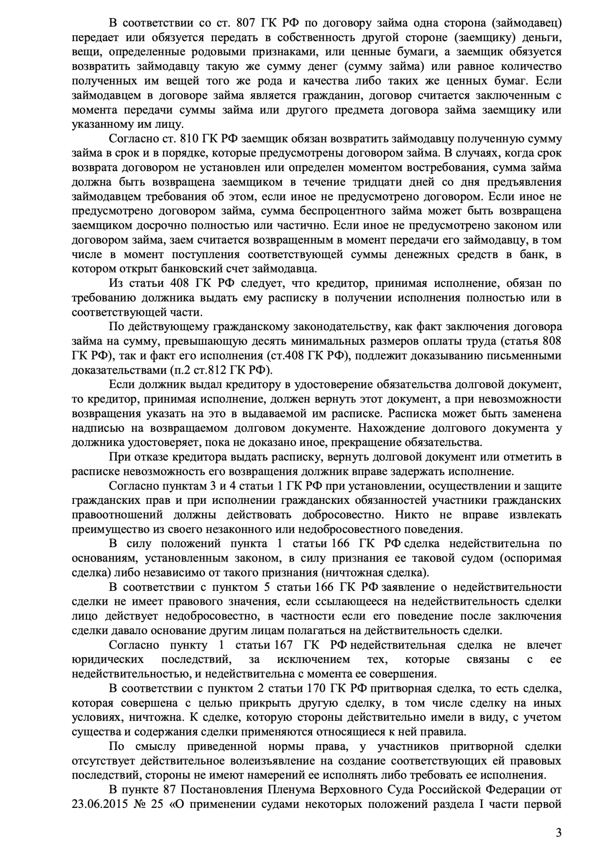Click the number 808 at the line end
click(x=551, y=341)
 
